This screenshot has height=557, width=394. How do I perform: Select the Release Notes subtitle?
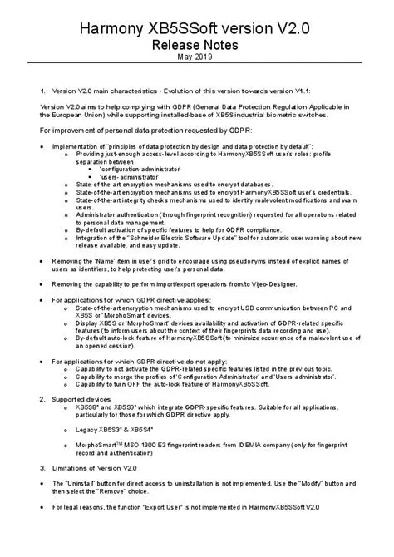pos(196,44)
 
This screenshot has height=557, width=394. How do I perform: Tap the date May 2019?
pos(196,57)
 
